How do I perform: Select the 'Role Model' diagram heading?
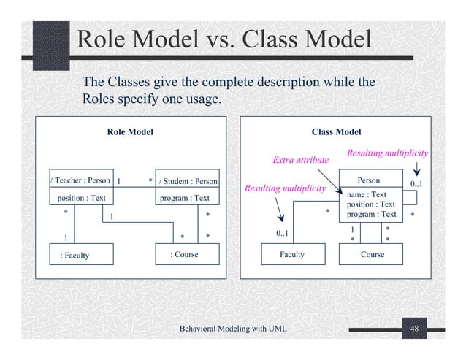[x=130, y=132]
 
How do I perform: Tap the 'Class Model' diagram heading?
[x=336, y=132]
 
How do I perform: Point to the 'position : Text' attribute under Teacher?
[x=81, y=198]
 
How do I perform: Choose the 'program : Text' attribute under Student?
[x=184, y=198]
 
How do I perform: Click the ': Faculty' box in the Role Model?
[x=76, y=255]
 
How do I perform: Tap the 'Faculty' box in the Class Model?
[x=292, y=255]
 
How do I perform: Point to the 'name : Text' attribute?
[x=367, y=195]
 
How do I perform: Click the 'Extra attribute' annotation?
[x=300, y=159]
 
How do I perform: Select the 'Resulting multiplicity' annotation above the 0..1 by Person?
[x=386, y=153]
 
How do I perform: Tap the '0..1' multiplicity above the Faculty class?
[x=283, y=234]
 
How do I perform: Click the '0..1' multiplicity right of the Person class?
[x=419, y=183]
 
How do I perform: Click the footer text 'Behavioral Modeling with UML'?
[x=233, y=330]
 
